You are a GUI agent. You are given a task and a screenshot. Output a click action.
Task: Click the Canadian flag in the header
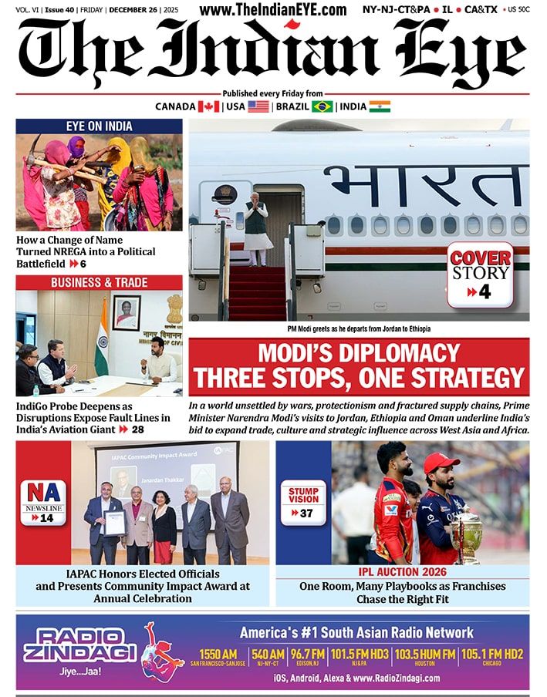point(209,106)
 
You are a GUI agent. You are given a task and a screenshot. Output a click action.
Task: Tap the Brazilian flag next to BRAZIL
point(322,106)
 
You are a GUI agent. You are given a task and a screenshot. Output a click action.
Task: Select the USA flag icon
point(258,106)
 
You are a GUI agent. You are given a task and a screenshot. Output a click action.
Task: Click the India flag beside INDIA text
point(380,106)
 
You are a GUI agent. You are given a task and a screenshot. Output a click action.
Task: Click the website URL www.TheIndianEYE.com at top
point(272,10)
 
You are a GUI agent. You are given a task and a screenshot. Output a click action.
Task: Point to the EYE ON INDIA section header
point(99,126)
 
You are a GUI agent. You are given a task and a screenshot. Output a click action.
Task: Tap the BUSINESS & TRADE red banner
point(99,282)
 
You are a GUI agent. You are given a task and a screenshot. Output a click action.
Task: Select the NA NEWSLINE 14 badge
point(42,502)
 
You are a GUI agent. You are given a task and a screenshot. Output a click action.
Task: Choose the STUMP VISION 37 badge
point(303,501)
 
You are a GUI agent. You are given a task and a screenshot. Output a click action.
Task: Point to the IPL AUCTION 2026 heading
point(402,572)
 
